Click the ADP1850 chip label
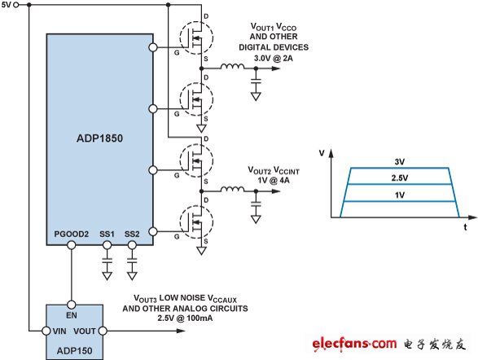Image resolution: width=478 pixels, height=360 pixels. (99, 138)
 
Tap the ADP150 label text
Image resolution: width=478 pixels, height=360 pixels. (74, 350)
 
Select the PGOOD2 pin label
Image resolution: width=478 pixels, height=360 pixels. (72, 234)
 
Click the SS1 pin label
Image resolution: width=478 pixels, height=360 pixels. (107, 234)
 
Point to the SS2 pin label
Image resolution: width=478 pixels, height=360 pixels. (132, 234)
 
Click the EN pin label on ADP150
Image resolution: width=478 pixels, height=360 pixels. (72, 315)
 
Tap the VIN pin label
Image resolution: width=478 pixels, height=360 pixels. (59, 331)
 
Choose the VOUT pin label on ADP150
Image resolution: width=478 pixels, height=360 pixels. (85, 331)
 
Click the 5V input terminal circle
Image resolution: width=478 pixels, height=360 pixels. (16, 5)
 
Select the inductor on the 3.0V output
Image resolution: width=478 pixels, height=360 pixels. (232, 66)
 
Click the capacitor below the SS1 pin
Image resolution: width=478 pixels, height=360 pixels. (107, 261)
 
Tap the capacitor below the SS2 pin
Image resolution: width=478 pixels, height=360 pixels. (132, 261)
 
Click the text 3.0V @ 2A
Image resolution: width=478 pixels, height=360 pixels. (274, 58)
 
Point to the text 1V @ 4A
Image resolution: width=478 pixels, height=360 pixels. (274, 181)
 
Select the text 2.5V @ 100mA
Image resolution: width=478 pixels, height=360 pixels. (185, 318)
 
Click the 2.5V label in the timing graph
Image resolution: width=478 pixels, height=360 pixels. (400, 178)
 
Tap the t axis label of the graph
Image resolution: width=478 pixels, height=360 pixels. (465, 227)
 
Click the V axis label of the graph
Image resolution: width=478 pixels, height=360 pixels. (322, 153)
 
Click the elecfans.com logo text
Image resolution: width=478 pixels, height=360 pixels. (354, 344)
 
